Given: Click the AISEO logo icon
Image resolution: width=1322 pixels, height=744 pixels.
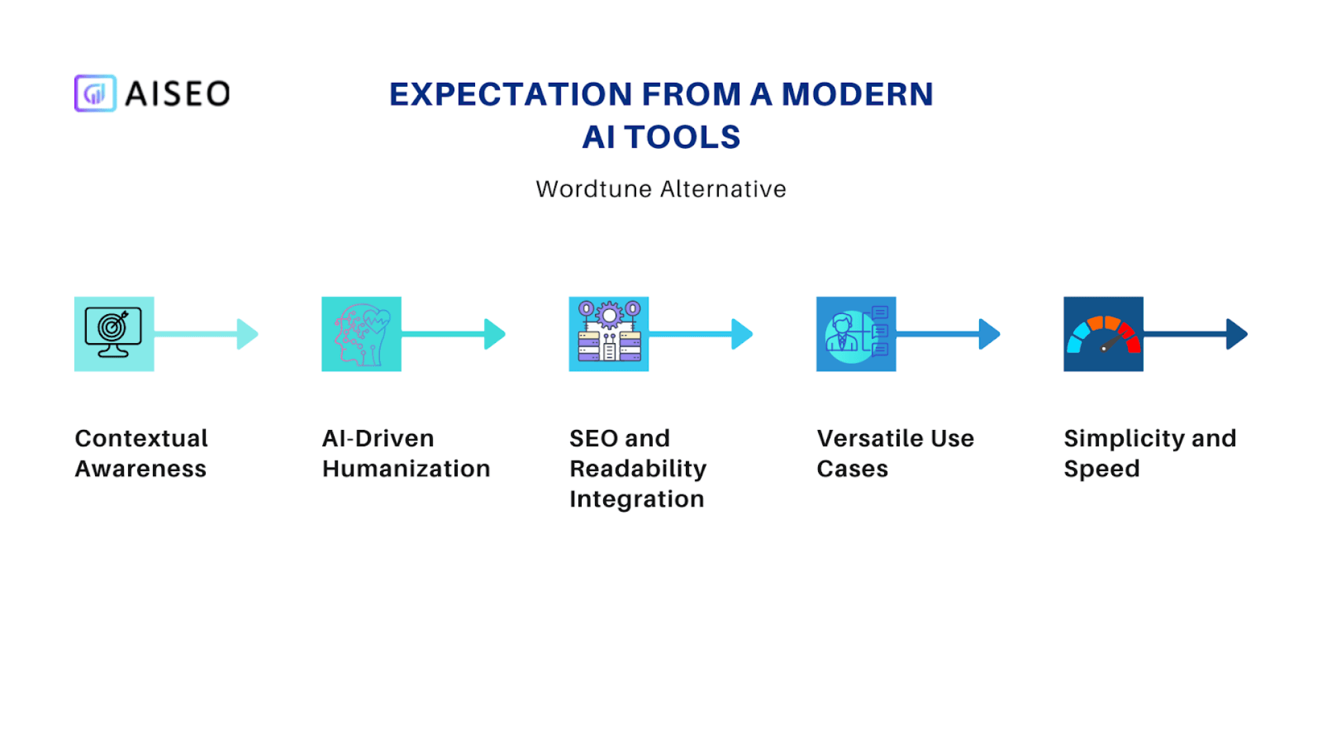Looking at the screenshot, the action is coord(95,93).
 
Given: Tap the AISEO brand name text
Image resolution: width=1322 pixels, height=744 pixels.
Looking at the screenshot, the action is coord(178,94).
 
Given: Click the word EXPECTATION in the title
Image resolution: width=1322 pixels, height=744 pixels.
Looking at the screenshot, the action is coord(511,94).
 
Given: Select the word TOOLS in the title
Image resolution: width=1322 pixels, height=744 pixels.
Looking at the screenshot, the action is coord(682,136).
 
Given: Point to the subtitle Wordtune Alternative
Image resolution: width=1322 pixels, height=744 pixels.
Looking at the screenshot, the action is coord(661,189).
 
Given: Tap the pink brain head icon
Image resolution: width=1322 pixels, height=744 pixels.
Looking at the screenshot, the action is coord(361,334).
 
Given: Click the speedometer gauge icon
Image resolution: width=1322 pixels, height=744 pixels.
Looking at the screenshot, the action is coord(1103,334).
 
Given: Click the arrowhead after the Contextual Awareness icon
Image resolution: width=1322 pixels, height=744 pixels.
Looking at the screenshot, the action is coord(247,334).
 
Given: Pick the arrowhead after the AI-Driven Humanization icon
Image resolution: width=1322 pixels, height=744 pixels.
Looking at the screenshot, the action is coord(494,334).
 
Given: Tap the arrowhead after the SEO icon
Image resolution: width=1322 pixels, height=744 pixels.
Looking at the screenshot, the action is coord(742,334).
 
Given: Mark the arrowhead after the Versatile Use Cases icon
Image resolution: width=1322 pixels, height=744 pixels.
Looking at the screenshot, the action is coord(989,334).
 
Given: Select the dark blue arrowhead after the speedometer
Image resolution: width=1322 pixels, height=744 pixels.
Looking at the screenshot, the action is coord(1237,334).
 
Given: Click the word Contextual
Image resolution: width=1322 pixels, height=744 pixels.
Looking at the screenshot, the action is coord(141,438).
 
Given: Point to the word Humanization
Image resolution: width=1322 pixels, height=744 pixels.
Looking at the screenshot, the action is coord(406,468).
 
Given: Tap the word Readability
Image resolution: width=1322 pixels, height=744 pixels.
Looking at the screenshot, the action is coord(638,469).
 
